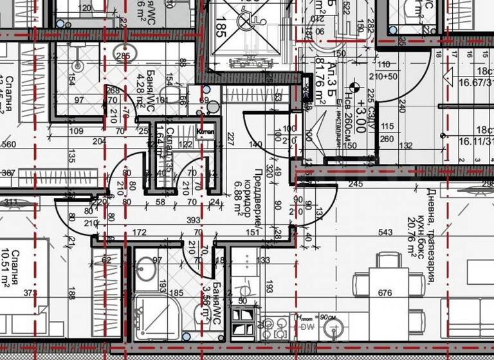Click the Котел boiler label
205,132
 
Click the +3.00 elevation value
361,118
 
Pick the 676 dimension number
385,293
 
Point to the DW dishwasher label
304,327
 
